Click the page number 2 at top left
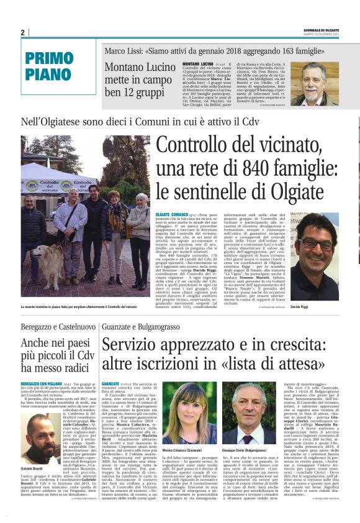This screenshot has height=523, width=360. pos(22,33)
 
